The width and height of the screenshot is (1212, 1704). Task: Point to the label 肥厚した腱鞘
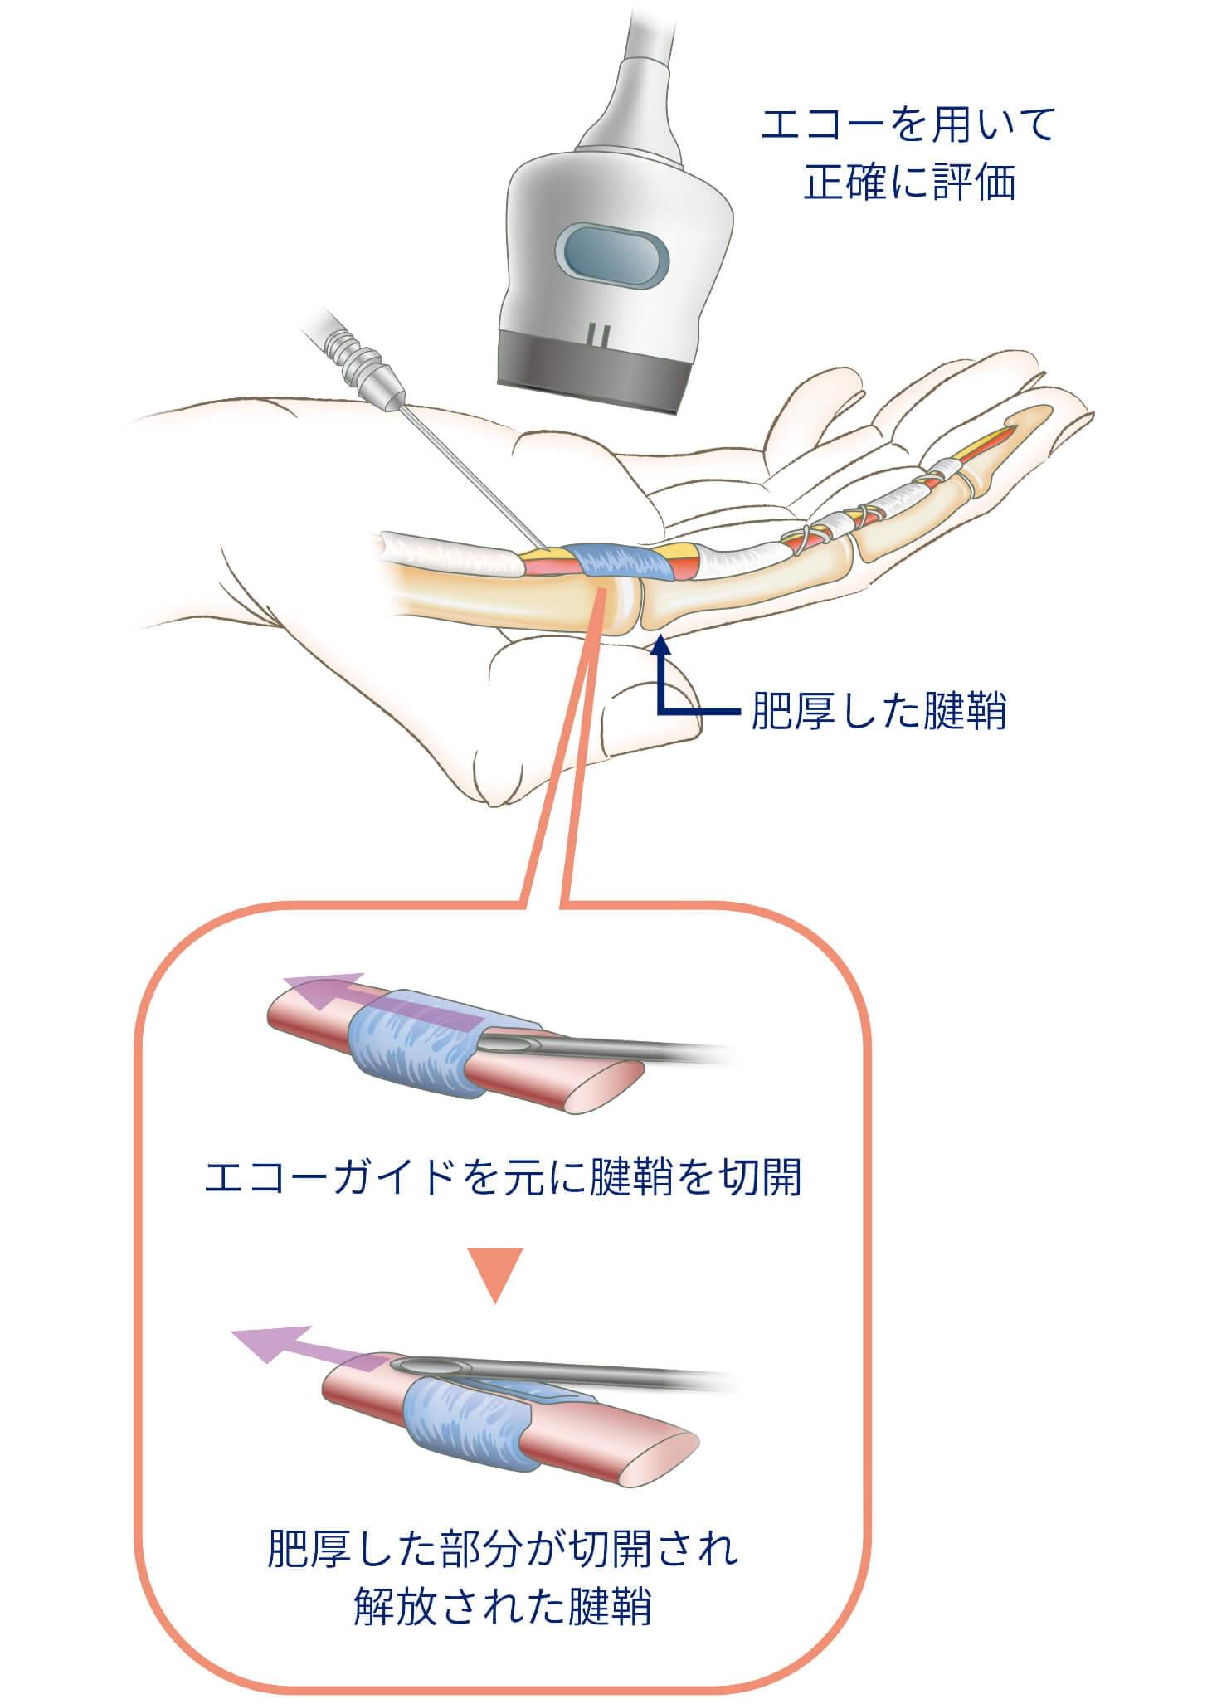pos(878,712)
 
